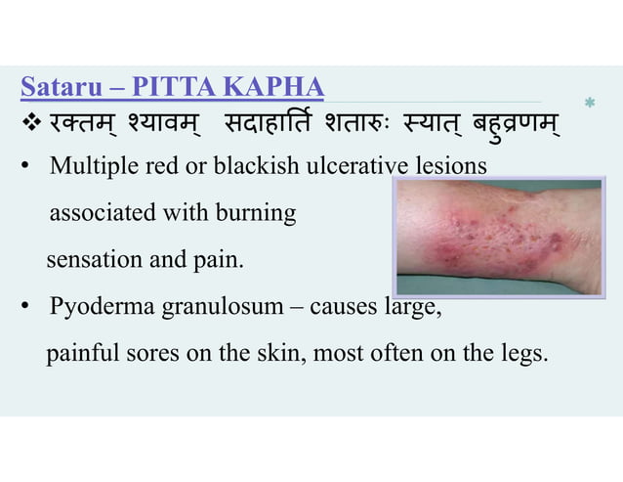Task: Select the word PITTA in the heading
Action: point(178,90)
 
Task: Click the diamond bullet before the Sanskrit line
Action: point(28,127)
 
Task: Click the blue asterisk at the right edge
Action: point(589,103)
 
